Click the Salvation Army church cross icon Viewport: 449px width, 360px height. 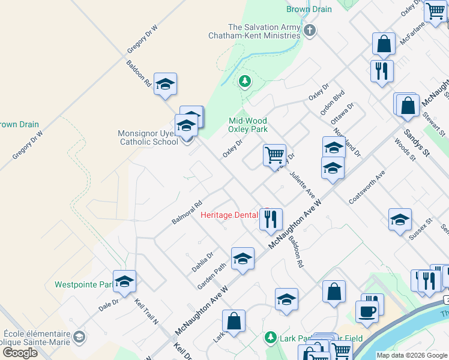click(310, 31)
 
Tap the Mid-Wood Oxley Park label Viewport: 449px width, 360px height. click(248, 124)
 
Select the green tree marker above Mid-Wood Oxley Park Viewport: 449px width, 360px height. click(244, 81)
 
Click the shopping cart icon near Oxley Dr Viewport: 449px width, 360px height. click(274, 154)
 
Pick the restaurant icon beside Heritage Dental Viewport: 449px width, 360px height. click(271, 219)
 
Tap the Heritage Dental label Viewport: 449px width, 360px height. click(229, 215)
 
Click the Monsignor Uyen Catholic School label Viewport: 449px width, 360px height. click(149, 137)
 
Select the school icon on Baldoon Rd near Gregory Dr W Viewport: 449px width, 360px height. click(165, 85)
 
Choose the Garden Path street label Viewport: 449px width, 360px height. click(214, 275)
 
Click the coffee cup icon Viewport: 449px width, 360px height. click(367, 311)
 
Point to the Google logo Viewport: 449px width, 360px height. click(20, 353)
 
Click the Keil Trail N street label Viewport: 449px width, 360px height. click(146, 313)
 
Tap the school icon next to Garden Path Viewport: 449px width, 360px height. click(243, 259)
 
